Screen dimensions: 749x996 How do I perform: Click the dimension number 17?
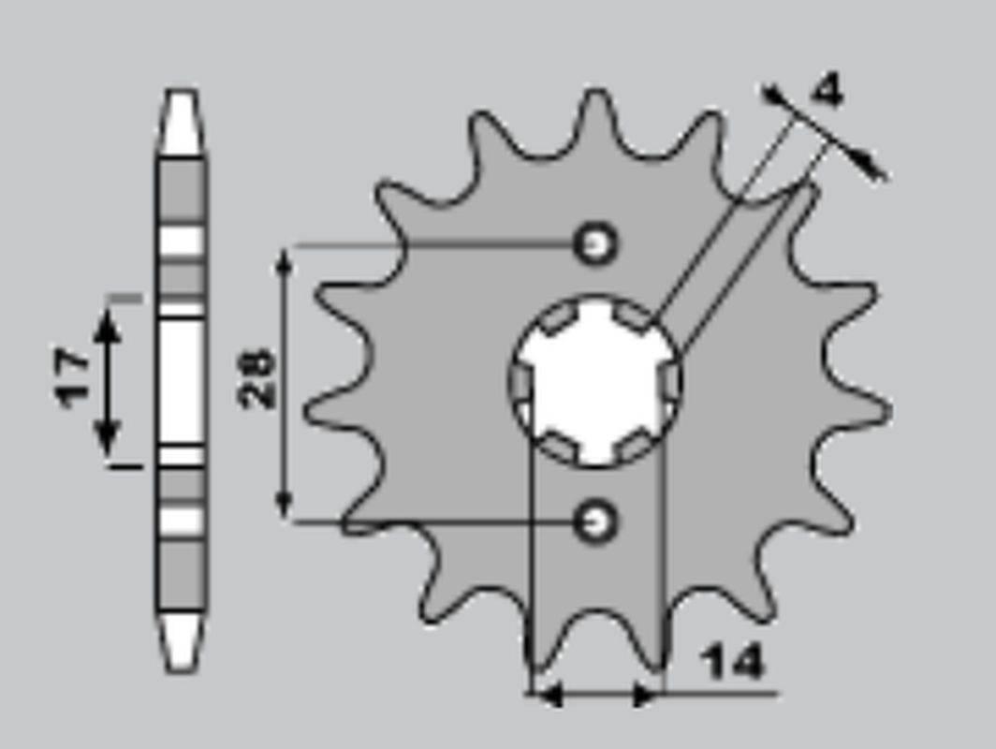point(73,378)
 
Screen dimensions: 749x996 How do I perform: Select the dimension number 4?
point(827,91)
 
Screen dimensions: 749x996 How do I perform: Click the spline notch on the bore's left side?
point(520,382)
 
